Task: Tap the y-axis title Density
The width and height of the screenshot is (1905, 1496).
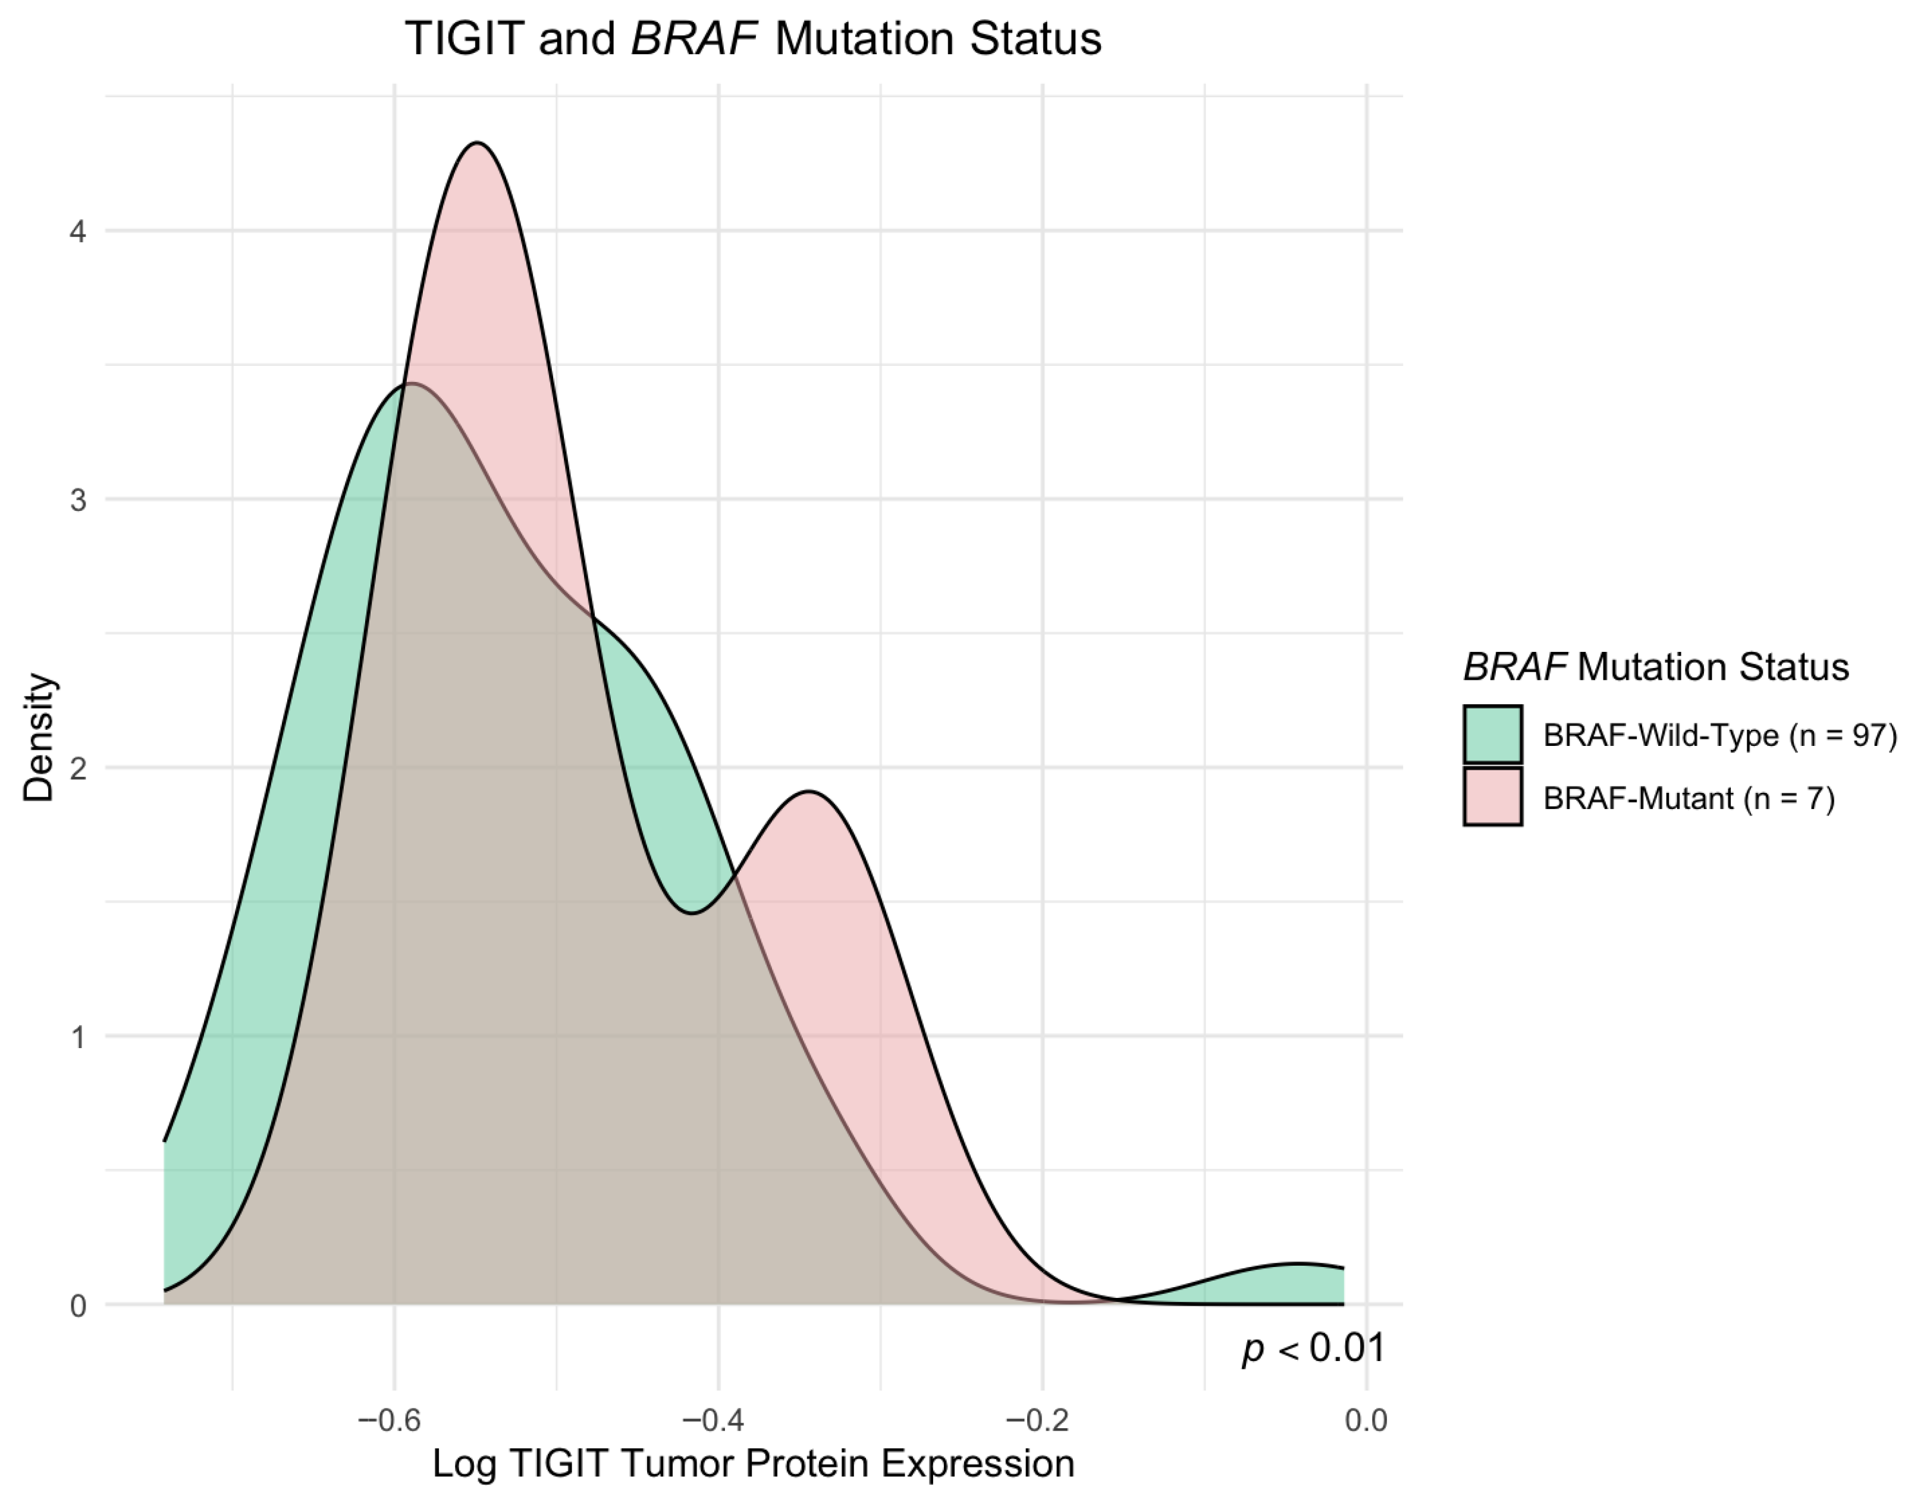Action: coord(39,738)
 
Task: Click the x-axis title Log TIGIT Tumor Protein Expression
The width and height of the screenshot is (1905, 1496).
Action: coord(753,1464)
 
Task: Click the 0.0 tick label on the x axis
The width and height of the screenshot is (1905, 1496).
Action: coord(1366,1420)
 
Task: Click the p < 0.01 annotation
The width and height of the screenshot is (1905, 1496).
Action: coord(1314,1348)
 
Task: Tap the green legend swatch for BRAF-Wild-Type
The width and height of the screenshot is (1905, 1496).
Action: coord(1492,734)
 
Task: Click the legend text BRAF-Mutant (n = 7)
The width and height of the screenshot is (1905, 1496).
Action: coord(1689,798)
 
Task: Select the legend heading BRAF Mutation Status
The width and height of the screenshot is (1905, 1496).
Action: coord(1655,667)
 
